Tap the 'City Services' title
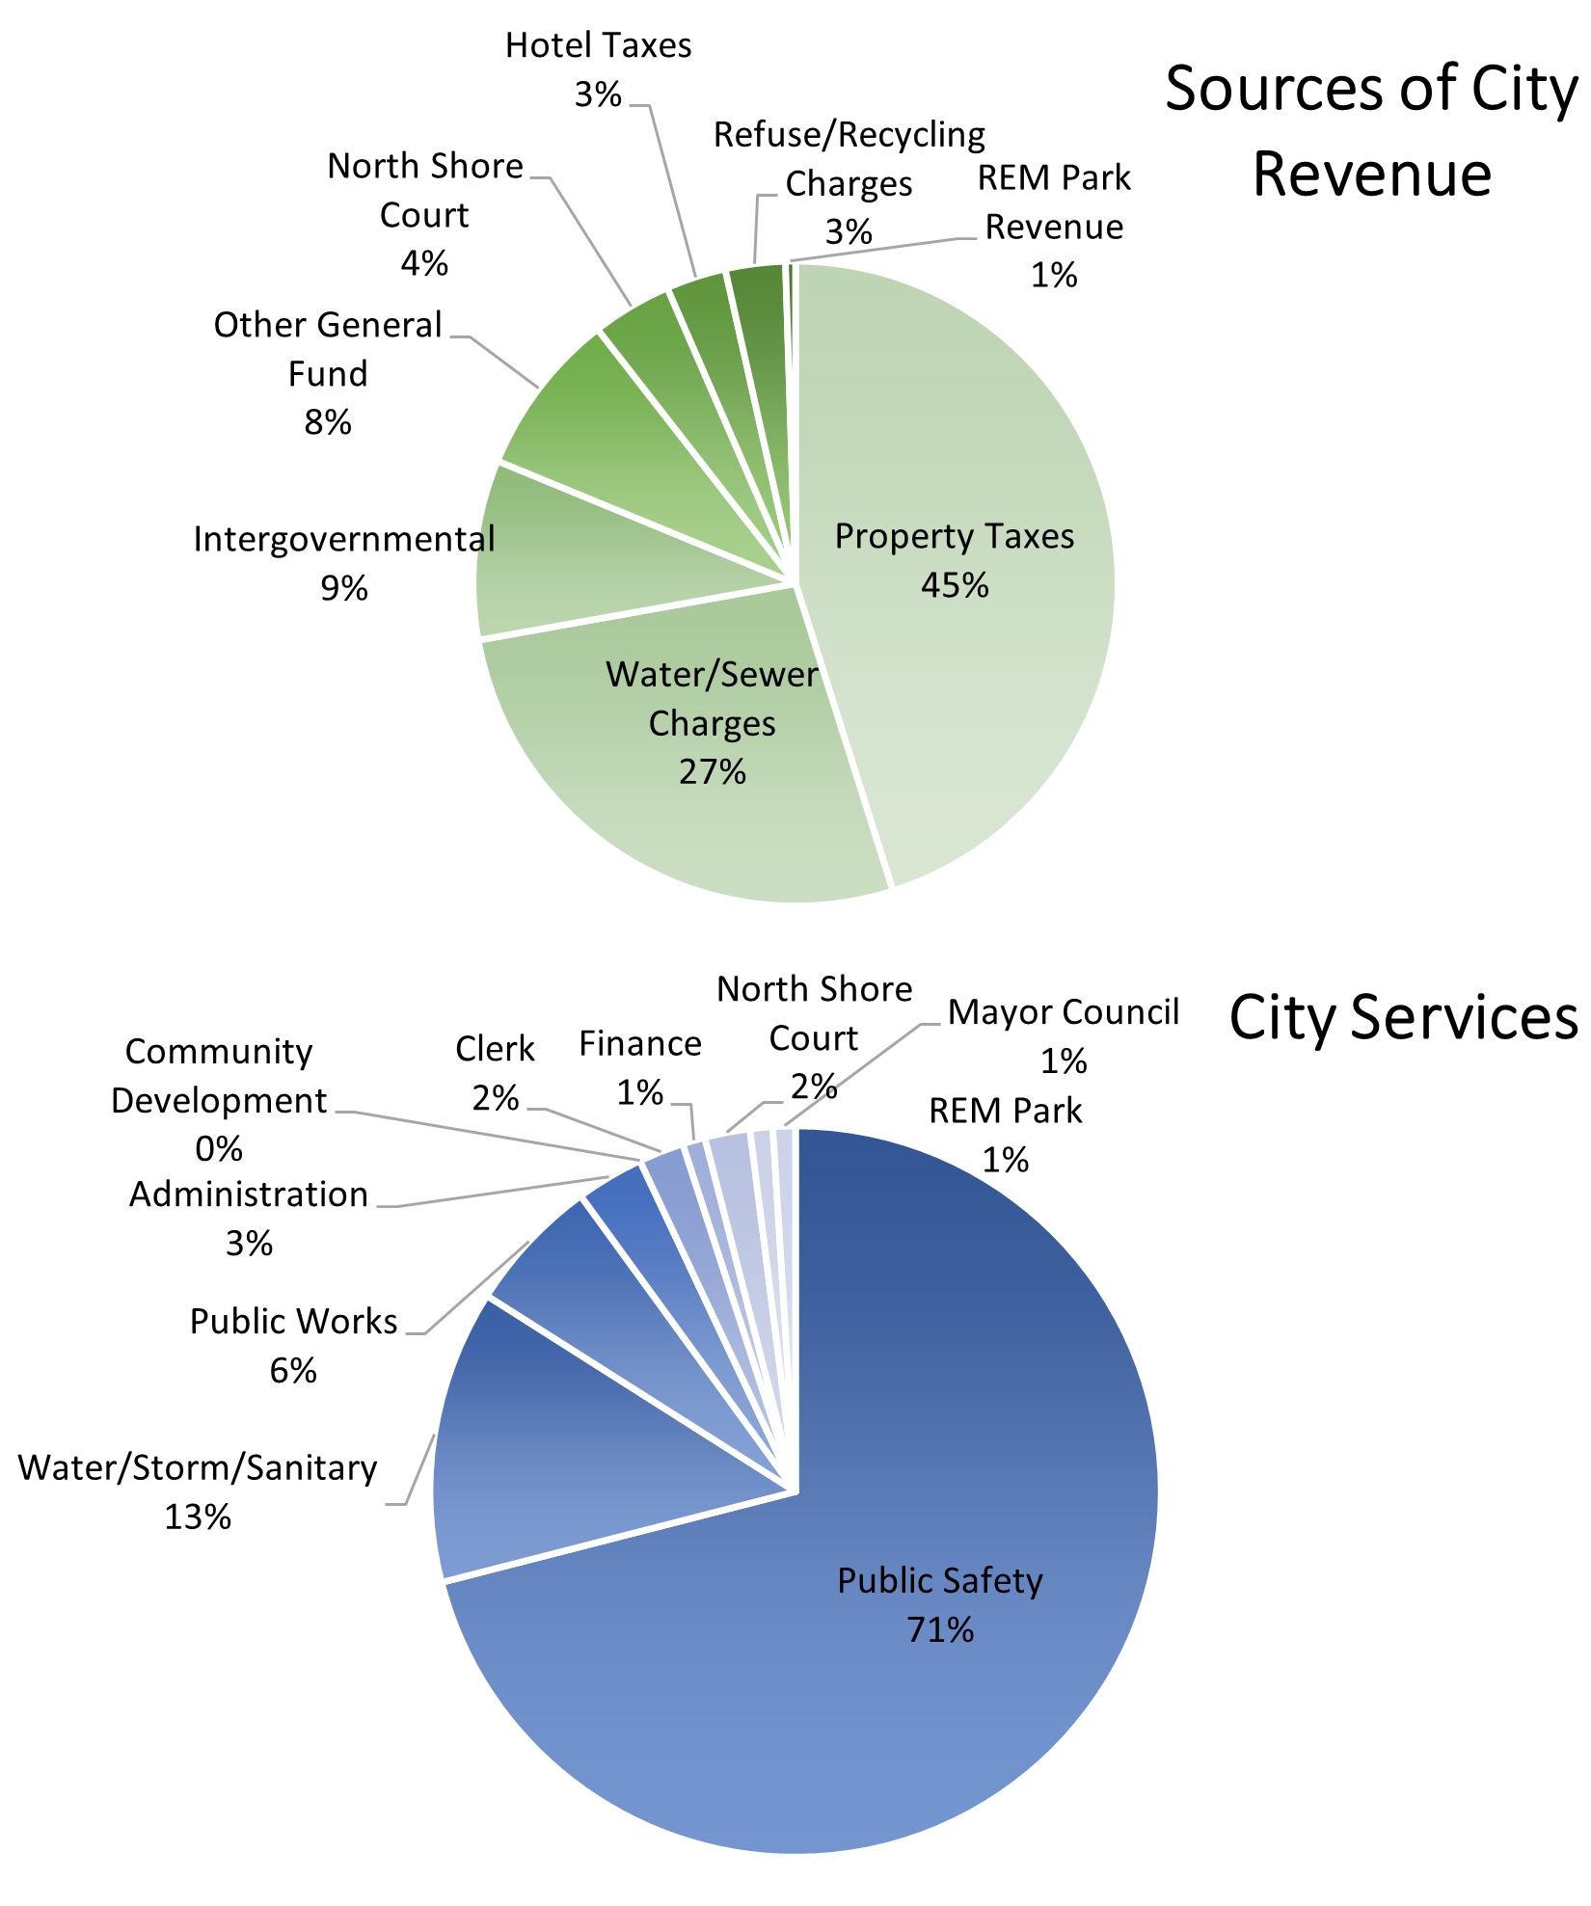click(x=1403, y=1017)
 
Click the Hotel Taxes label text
click(x=599, y=46)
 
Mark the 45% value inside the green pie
click(x=955, y=586)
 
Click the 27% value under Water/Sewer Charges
click(x=713, y=772)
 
